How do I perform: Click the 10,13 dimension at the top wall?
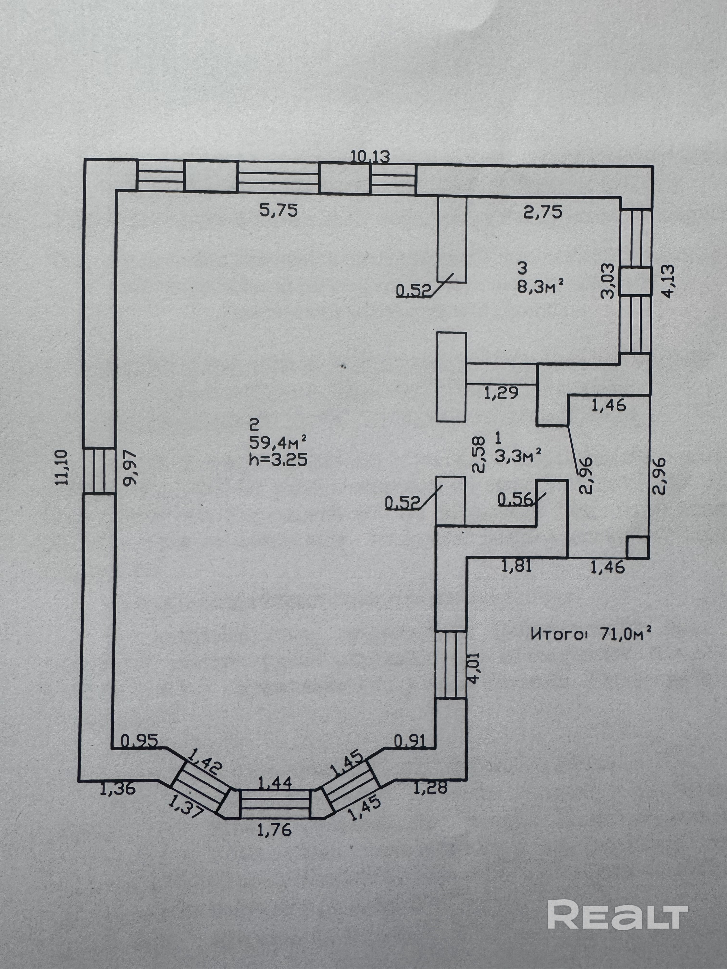click(370, 156)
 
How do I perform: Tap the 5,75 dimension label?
click(279, 211)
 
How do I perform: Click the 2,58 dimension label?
click(479, 454)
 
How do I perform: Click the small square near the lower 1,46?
click(637, 547)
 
